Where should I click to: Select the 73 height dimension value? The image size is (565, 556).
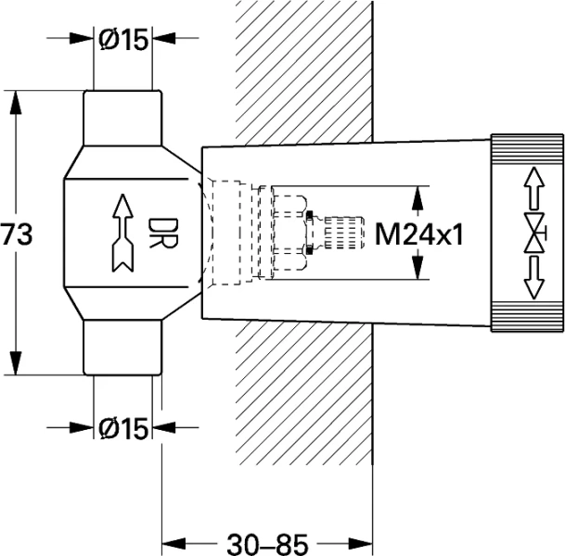click(x=16, y=234)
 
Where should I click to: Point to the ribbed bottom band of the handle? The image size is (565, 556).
click(x=526, y=316)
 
